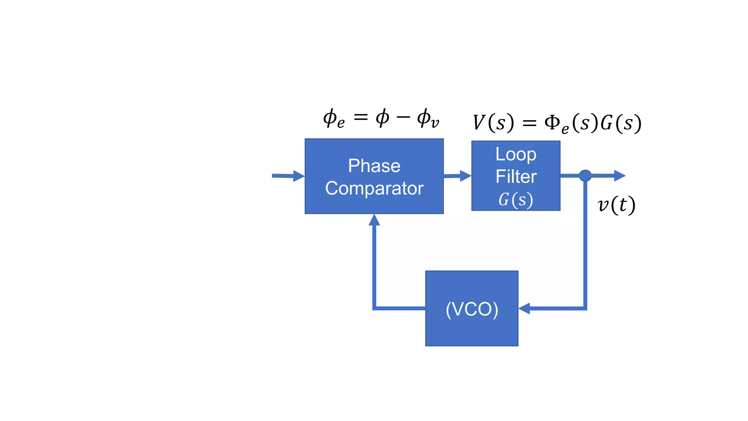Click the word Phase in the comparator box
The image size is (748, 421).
374,166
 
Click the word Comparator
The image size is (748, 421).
374,189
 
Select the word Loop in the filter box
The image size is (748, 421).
516,155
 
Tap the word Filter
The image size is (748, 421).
516,177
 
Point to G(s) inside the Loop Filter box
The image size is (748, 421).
516,200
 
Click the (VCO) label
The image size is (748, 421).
472,309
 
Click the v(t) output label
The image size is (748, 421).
617,205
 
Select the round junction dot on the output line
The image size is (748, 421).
585,176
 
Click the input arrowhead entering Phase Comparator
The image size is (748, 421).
299,176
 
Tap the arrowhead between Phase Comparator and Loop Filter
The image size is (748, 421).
465,176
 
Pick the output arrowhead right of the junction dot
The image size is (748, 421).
619,176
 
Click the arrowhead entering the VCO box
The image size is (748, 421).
524,308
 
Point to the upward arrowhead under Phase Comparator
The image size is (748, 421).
374,220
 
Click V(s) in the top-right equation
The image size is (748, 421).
493,123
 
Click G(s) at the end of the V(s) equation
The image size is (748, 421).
621,123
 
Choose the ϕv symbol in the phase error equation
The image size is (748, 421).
428,119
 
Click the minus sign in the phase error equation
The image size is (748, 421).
403,117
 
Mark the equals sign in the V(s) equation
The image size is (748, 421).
529,124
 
